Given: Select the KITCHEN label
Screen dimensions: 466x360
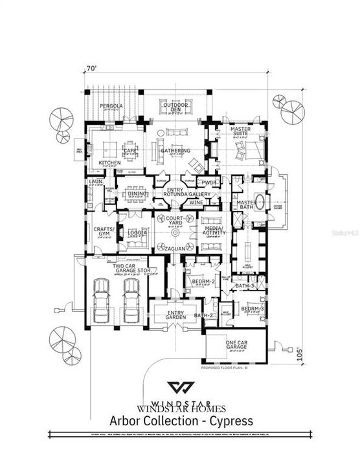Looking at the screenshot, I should (109, 162).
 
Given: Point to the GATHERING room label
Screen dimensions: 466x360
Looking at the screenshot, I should (175, 151).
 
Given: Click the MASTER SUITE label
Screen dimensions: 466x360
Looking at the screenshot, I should (240, 132).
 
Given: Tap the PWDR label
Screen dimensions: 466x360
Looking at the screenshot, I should (209, 183).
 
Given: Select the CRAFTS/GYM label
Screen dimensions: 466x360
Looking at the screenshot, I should (102, 232).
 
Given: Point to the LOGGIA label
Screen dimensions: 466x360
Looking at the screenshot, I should (137, 232).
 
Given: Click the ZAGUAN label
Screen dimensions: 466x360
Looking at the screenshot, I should (175, 249).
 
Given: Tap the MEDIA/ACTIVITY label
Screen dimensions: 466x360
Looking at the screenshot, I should (213, 232).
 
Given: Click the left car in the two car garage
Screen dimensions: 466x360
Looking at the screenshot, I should (102, 301).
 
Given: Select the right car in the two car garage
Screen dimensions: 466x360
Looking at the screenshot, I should (131, 301).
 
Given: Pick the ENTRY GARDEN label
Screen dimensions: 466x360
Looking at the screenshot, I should (175, 314).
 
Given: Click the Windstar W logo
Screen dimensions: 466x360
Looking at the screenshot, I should (180, 388).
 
